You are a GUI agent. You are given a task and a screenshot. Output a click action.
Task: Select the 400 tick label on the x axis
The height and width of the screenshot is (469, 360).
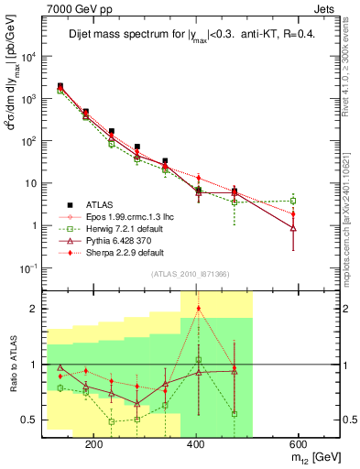click(196, 443)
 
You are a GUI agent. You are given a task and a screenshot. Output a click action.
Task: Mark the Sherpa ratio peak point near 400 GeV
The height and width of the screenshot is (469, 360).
click(199, 309)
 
